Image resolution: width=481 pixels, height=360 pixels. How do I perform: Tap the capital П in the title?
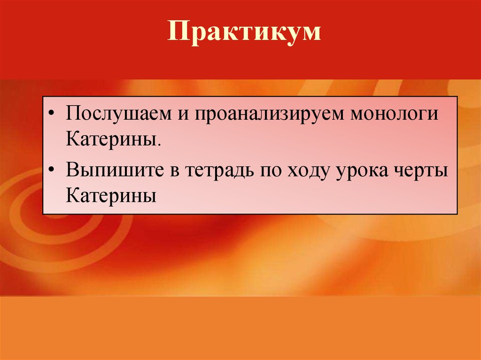point(177,33)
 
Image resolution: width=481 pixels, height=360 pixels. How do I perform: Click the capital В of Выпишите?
point(72,169)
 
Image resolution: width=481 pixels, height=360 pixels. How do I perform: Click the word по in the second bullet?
point(268,170)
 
